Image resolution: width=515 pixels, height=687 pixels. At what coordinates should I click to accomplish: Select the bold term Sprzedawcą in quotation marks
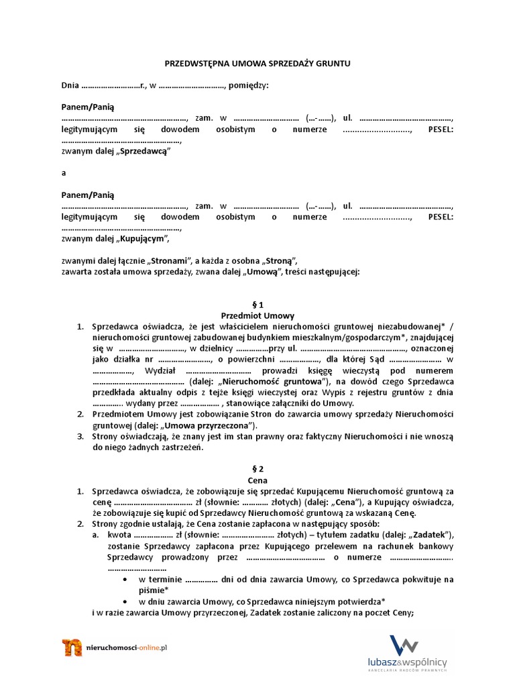(x=143, y=152)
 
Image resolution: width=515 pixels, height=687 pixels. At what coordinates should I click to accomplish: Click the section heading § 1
(x=257, y=305)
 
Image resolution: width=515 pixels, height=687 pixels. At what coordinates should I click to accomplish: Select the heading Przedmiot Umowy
(x=257, y=315)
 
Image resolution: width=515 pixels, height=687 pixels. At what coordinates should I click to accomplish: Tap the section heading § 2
(x=257, y=470)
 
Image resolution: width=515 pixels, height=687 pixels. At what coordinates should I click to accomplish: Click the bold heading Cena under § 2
(x=257, y=480)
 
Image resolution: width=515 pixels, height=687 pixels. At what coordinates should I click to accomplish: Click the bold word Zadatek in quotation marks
(x=435, y=535)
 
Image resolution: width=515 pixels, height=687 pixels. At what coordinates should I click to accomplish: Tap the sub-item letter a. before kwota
(x=96, y=535)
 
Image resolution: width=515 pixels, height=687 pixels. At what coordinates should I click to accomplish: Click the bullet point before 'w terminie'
(x=127, y=579)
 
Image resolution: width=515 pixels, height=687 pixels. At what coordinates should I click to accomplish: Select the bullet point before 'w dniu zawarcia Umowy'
(x=127, y=600)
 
